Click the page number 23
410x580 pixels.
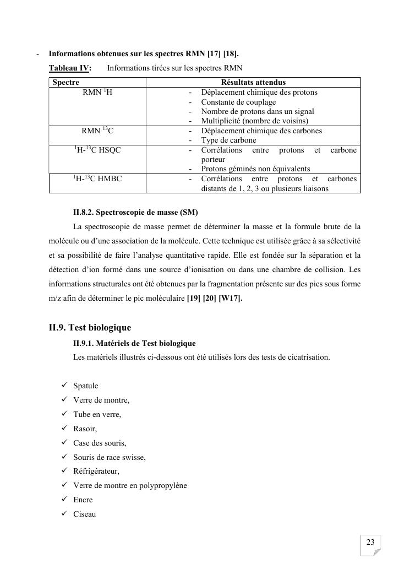coord(370,543)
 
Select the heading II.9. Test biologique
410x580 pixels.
coord(90,328)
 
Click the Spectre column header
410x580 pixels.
coord(65,83)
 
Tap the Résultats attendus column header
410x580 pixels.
coord(253,83)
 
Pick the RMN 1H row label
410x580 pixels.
coord(97,93)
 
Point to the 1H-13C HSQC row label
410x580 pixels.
coord(97,150)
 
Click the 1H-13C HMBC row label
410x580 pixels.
coord(97,179)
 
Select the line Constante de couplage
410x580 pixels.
coord(238,102)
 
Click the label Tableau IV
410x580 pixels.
coord(69,68)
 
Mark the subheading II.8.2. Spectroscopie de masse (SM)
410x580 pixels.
coord(135,212)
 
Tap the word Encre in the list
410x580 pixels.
coord(83,500)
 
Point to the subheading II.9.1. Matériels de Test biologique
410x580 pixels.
coord(134,343)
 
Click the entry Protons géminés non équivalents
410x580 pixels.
coord(255,169)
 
